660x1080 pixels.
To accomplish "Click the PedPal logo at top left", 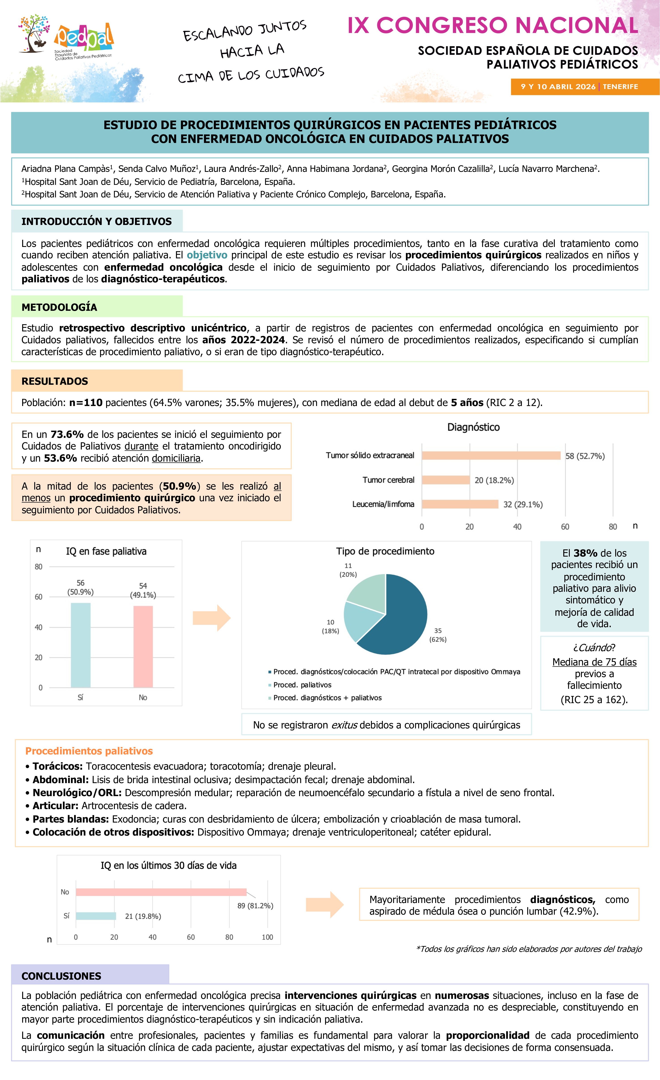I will click(x=66, y=39).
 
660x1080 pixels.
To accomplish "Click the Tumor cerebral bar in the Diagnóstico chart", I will click(x=445, y=480).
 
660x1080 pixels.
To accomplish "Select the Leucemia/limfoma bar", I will click(x=460, y=504).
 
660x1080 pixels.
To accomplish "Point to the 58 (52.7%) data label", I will click(x=585, y=456).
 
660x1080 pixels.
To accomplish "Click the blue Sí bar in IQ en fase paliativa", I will click(x=81, y=645).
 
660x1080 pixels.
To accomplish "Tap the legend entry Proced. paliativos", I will click(x=302, y=685).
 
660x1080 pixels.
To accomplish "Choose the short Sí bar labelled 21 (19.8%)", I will click(x=95, y=916).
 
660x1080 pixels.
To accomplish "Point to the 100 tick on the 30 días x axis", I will click(x=267, y=937).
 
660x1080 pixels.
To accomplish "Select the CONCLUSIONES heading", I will click(x=61, y=976).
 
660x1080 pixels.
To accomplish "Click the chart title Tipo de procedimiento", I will click(x=385, y=551).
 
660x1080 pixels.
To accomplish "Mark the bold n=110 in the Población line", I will click(x=86, y=403).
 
